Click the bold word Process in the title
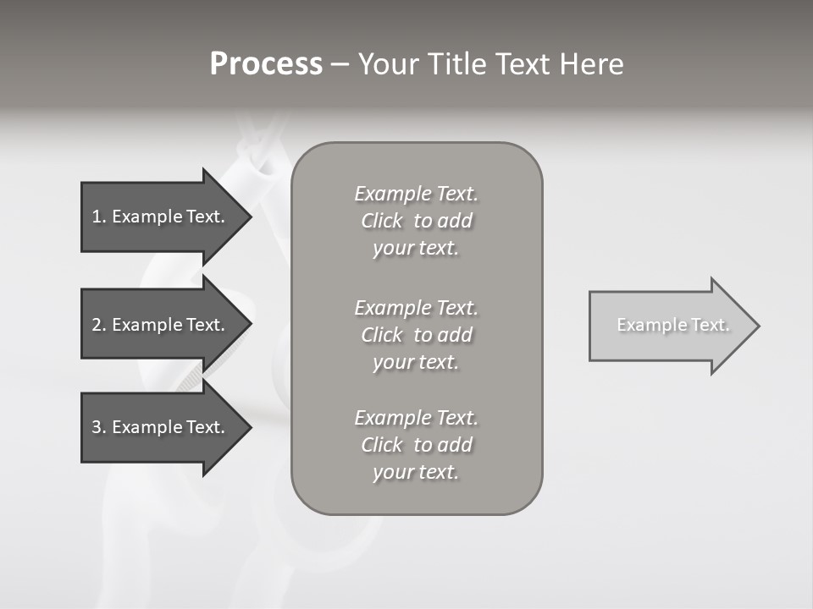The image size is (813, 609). tap(266, 64)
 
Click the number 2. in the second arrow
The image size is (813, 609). tap(98, 325)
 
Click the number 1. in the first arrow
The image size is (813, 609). tap(98, 217)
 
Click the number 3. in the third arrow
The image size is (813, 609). tap(98, 427)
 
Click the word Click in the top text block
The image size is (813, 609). tap(381, 222)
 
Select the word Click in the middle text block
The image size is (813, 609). tap(381, 335)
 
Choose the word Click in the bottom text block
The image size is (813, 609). tap(381, 445)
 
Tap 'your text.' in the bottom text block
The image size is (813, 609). tap(416, 472)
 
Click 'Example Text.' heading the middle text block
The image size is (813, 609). tap(416, 308)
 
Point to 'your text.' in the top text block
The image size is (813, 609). tap(416, 249)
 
